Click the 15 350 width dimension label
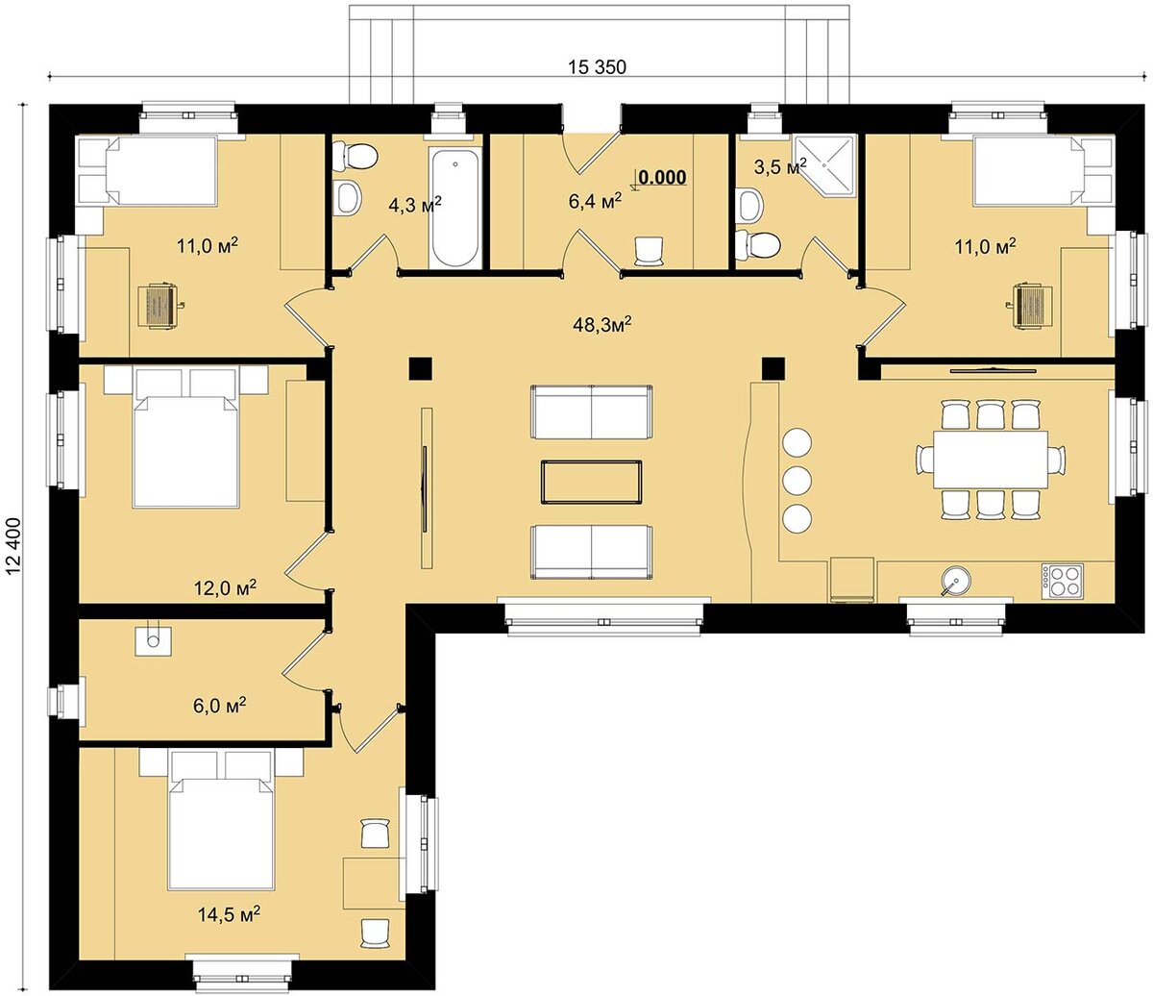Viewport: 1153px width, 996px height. coord(597,67)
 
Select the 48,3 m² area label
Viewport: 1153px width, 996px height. coord(602,324)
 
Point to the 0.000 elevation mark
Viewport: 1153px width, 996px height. coord(663,178)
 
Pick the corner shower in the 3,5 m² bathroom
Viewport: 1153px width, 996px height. coord(824,165)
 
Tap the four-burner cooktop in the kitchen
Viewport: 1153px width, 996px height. coord(1062,580)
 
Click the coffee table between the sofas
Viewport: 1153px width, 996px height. coord(591,483)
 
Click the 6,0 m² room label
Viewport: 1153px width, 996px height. coord(220,706)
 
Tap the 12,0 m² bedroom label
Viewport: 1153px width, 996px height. coord(225,587)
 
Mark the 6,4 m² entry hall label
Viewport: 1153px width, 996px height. coord(595,201)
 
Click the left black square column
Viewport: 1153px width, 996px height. coord(421,368)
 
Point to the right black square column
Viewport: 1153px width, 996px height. coord(773,368)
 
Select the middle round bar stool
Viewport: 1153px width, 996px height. coord(797,480)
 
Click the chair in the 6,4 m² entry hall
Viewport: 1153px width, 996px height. coord(650,251)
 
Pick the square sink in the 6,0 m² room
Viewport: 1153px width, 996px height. coord(153,640)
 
